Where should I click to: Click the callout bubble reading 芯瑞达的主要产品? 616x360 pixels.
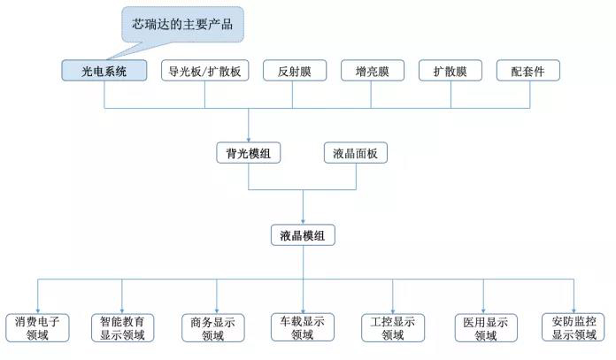tap(182, 25)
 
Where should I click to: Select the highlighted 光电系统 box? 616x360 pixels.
tap(104, 71)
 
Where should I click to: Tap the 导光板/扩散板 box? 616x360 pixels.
tap(204, 71)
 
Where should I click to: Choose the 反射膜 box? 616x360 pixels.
tap(295, 71)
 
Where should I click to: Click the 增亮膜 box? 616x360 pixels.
tap(373, 71)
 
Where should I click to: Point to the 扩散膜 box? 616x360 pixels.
tap(450, 71)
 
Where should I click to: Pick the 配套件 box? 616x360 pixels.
tap(528, 71)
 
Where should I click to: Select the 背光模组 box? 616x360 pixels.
tap(249, 153)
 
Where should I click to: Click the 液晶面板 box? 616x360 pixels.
tap(356, 153)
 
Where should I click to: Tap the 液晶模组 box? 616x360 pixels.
tap(303, 235)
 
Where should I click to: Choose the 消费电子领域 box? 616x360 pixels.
tap(37, 328)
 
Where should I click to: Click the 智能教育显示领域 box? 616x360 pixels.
tap(122, 328)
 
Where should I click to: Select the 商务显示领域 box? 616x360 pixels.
tap(213, 328)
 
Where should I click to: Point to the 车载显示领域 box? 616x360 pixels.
tap(303, 327)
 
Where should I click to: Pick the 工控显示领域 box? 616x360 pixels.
tap(393, 328)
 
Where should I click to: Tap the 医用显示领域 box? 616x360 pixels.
tap(486, 328)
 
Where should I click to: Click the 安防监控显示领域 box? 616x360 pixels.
tap(574, 327)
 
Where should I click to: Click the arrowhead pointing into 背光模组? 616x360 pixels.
tap(249, 140)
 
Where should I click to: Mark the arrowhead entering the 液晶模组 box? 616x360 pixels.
tap(303, 222)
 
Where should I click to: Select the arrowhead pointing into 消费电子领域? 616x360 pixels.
tap(38, 311)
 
